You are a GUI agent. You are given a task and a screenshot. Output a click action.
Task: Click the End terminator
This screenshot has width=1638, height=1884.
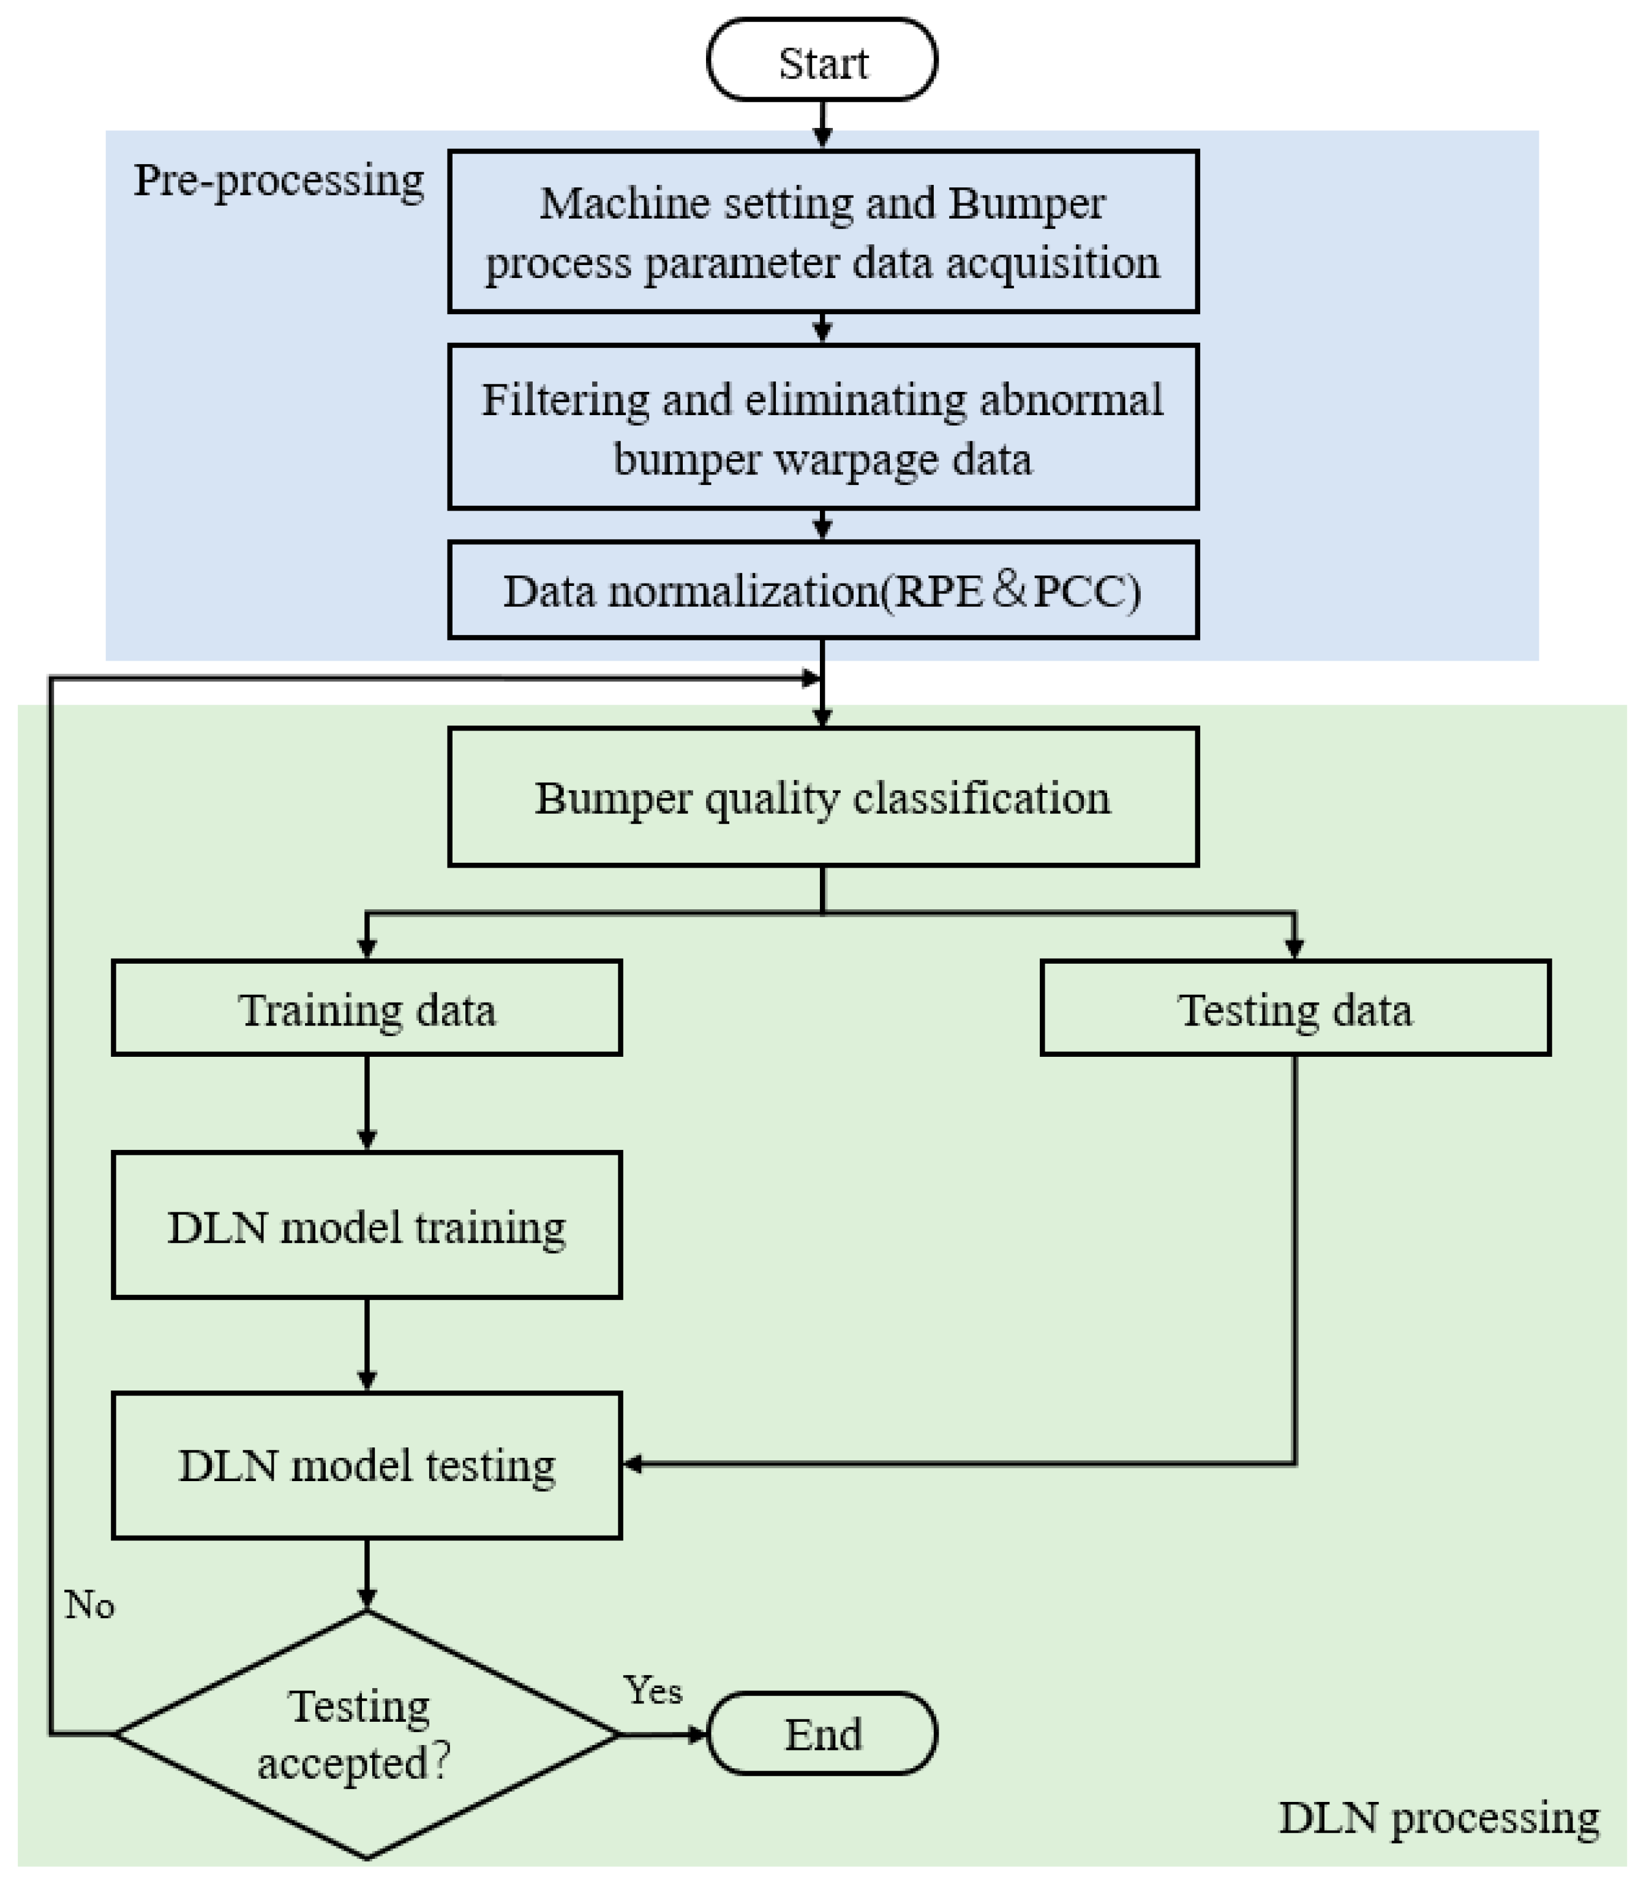pos(822,1734)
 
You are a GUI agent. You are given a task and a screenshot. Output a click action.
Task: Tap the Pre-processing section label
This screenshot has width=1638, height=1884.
pos(279,180)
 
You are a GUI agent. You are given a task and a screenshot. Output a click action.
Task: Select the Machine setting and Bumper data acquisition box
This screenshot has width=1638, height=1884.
pos(822,232)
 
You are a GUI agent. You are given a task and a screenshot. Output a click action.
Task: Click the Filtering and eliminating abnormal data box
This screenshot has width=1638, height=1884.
pos(822,427)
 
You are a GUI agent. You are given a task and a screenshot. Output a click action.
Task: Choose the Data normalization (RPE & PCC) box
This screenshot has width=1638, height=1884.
pos(822,590)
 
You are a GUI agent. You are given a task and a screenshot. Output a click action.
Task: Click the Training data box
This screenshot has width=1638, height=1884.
pos(367,1008)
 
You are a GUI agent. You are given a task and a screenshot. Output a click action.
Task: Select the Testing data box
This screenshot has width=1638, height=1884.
pos(1295,1008)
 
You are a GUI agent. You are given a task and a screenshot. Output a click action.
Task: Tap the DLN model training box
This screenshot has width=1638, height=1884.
pos(367,1226)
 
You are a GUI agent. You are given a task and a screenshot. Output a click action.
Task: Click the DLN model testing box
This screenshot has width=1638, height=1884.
pos(367,1465)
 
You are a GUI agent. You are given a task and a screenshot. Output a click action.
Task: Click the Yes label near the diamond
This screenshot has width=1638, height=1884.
pos(653,1690)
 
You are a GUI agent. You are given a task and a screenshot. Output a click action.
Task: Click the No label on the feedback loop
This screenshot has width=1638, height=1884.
pos(89,1605)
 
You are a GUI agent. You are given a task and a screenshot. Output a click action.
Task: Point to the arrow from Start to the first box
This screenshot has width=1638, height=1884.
pos(822,124)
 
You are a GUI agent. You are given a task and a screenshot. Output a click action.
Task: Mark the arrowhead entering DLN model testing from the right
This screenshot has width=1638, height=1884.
pos(633,1465)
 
